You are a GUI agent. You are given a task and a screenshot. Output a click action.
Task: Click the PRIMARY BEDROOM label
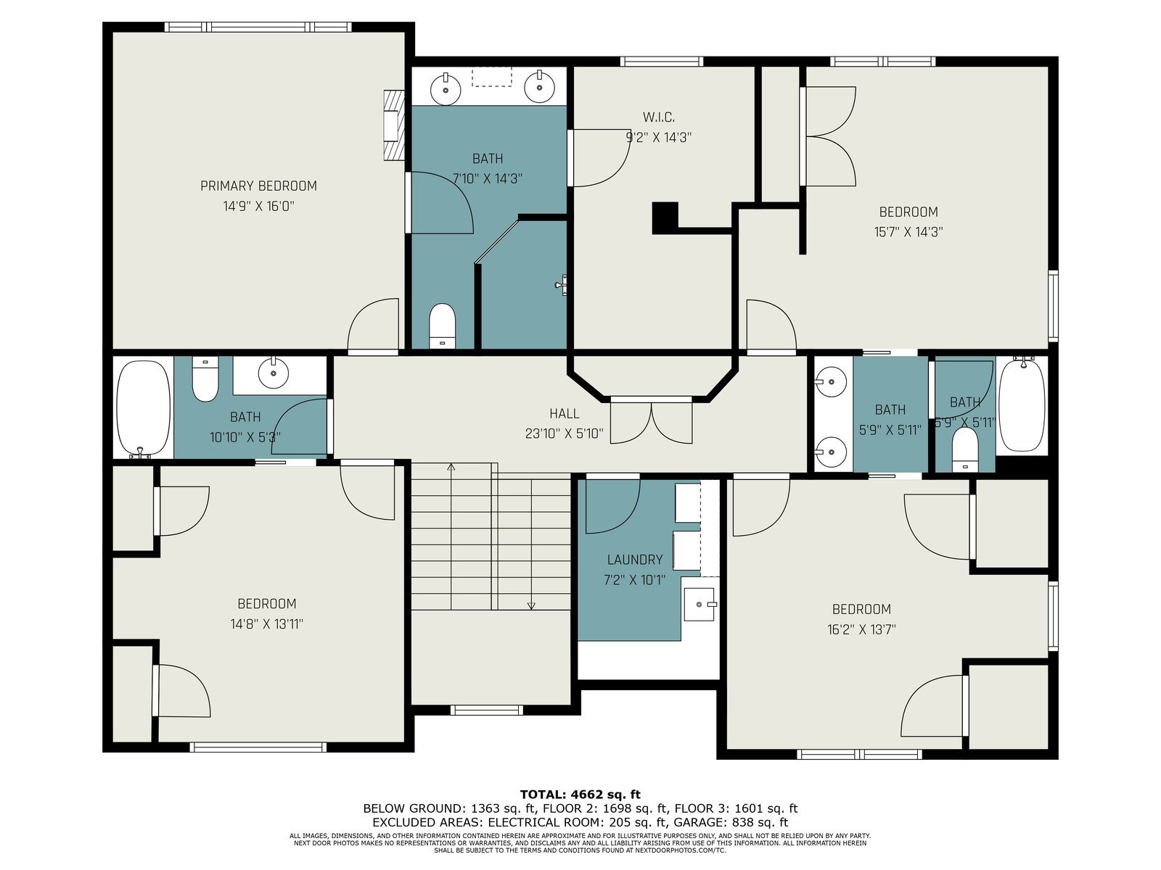click(x=258, y=186)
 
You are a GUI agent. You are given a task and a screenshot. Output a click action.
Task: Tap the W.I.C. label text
click(x=659, y=117)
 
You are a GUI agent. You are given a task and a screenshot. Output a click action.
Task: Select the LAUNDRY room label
click(x=635, y=560)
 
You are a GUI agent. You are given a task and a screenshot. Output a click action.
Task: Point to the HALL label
click(x=565, y=413)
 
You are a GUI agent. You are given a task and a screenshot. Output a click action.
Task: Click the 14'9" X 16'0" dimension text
click(x=258, y=206)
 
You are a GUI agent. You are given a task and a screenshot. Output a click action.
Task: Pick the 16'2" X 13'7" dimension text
click(x=861, y=629)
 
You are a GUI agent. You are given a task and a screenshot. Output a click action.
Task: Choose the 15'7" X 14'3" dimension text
click(x=908, y=232)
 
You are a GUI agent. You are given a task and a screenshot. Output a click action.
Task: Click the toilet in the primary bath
click(x=442, y=326)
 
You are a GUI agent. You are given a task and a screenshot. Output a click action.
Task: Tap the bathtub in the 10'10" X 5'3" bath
click(x=144, y=408)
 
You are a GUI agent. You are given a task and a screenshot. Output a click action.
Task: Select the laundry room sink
click(x=700, y=604)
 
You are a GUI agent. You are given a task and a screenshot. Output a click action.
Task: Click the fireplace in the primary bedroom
click(x=394, y=125)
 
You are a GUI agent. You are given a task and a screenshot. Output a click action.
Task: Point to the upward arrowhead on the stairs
click(x=451, y=467)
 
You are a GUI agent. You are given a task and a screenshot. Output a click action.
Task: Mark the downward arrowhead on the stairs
click(x=532, y=606)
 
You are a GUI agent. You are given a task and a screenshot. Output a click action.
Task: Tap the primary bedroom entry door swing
click(x=373, y=325)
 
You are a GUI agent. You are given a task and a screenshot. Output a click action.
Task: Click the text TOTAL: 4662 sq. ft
click(x=580, y=795)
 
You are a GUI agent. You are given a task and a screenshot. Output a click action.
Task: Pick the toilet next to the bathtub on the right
click(x=965, y=449)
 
